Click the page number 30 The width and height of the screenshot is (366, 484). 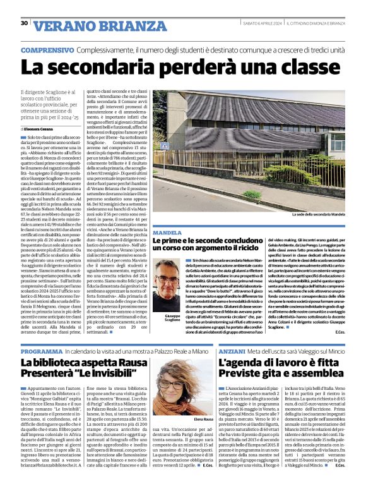24,23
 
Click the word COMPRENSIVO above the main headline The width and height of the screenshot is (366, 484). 47,49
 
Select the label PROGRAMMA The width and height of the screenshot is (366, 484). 42,351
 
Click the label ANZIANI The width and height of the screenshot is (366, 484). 233,351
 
